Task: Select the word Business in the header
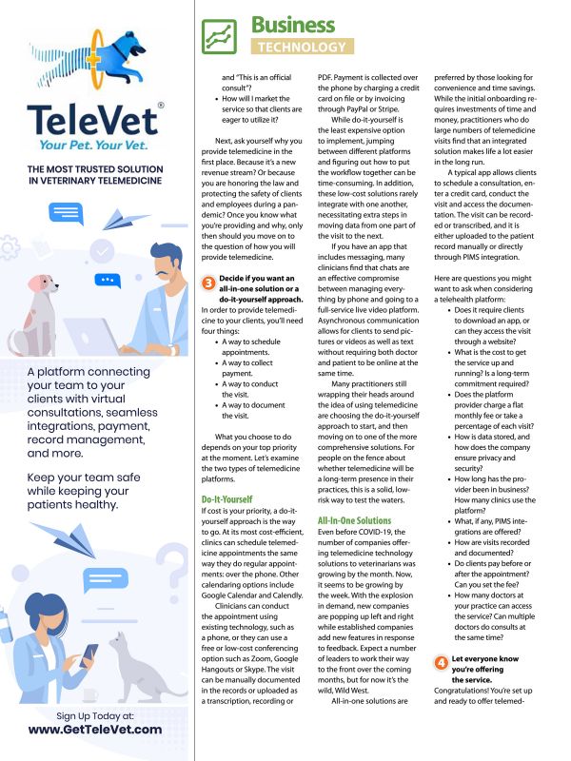pyautogui.click(x=293, y=24)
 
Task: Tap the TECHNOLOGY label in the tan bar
pyautogui.click(x=302, y=47)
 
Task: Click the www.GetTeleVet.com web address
pyautogui.click(x=94, y=729)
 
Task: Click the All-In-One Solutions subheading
pyautogui.click(x=354, y=520)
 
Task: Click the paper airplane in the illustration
pyautogui.click(x=122, y=220)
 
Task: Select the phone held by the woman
pyautogui.click(x=89, y=655)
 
